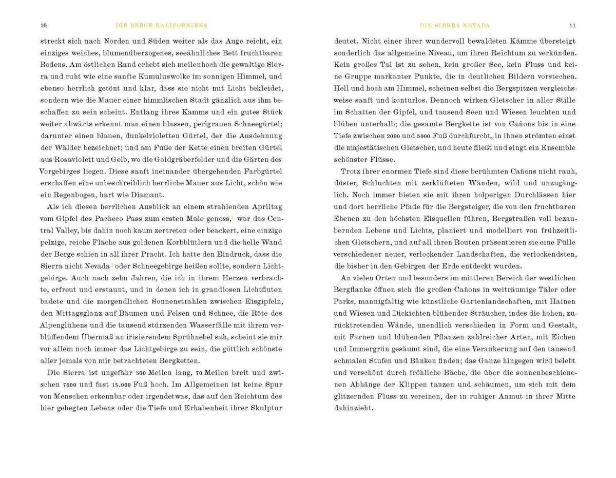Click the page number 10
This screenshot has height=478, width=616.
point(44,25)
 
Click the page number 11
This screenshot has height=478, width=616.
point(572,25)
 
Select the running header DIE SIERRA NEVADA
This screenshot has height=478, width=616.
point(455,25)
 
